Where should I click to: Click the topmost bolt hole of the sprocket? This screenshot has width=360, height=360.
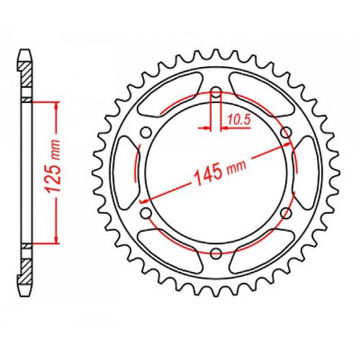click(216, 91)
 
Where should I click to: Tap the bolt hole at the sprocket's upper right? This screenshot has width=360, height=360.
click(286, 132)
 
